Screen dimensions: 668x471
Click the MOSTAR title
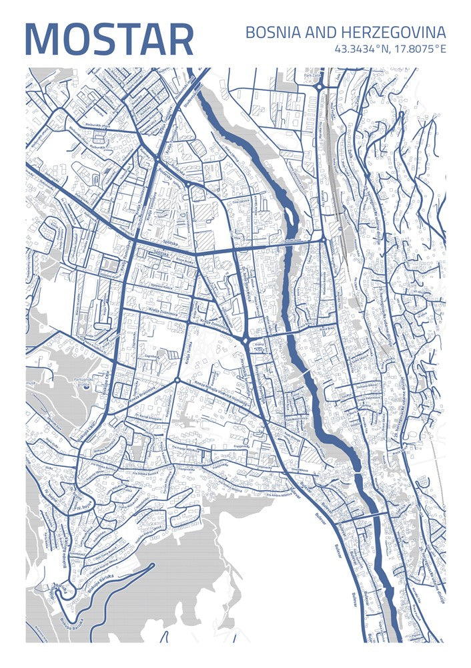tap(109, 40)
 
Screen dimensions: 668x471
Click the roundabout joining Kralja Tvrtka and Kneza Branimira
tap(177, 381)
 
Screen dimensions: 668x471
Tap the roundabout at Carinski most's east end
tap(324, 238)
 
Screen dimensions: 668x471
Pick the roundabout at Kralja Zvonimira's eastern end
tap(246, 341)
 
